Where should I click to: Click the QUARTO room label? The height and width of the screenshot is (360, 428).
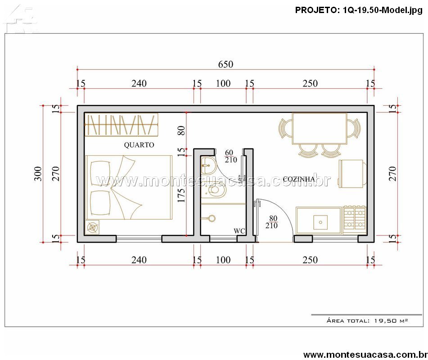(x=139, y=144)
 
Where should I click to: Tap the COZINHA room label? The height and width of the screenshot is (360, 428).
(x=299, y=179)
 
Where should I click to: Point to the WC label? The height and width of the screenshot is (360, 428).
(x=239, y=231)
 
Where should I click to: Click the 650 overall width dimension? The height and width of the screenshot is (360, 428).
(x=226, y=64)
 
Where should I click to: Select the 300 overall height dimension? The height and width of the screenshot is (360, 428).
(x=38, y=174)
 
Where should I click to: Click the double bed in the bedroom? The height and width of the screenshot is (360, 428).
(x=129, y=188)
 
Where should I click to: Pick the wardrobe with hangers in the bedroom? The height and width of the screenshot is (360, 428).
(x=121, y=125)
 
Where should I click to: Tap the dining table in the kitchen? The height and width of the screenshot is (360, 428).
(x=320, y=128)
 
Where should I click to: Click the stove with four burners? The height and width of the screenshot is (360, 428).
(x=354, y=220)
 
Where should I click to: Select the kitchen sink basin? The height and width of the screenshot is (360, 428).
(x=320, y=222)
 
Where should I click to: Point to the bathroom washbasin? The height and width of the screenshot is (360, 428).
(x=208, y=165)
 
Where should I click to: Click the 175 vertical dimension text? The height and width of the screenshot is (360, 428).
(x=181, y=195)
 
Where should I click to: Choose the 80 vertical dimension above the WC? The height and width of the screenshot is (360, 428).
(x=181, y=130)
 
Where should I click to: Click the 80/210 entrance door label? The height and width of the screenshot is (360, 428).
(x=271, y=222)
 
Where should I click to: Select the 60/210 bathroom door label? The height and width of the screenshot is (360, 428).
(x=230, y=156)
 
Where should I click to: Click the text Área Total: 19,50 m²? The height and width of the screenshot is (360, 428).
(x=367, y=321)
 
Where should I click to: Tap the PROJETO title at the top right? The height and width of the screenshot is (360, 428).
(x=359, y=10)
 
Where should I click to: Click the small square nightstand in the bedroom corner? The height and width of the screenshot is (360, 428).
(x=93, y=227)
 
